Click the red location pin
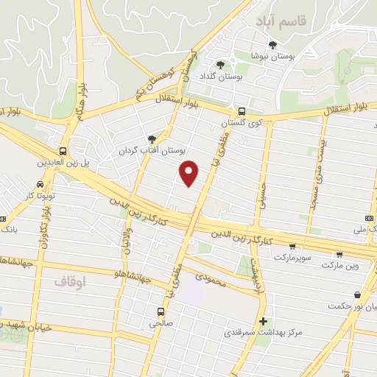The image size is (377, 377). point(190,172)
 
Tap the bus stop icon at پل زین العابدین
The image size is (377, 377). point(63,150)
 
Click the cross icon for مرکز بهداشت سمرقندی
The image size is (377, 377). point(264,321)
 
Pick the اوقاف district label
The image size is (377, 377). point(70,281)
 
